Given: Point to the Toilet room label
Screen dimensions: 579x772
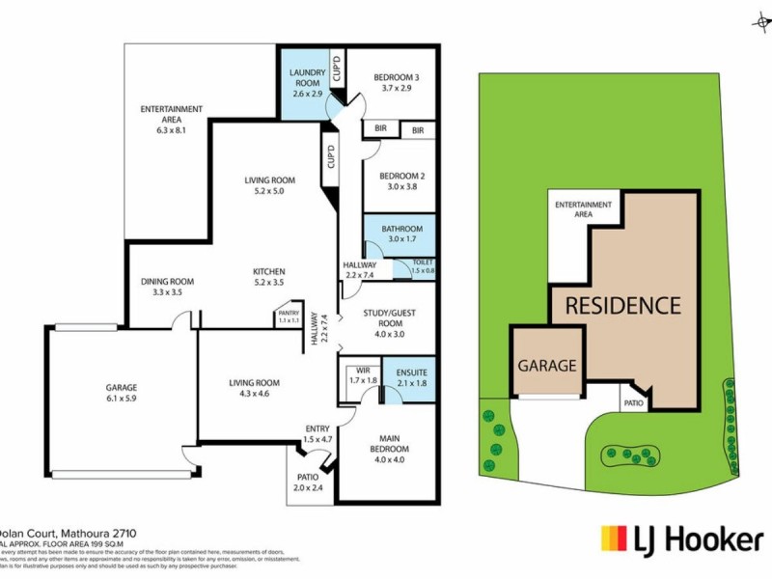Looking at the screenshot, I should (424, 265).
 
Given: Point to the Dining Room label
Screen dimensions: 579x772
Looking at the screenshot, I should (167, 287).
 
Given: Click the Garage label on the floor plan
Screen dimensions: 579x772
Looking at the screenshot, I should (122, 394).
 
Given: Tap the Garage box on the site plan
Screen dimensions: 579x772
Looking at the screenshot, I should (547, 366).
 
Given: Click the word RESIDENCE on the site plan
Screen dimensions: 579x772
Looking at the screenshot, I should (622, 307).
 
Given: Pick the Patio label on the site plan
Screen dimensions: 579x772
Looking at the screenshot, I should (633, 404).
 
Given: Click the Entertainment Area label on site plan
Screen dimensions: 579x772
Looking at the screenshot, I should (583, 209).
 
